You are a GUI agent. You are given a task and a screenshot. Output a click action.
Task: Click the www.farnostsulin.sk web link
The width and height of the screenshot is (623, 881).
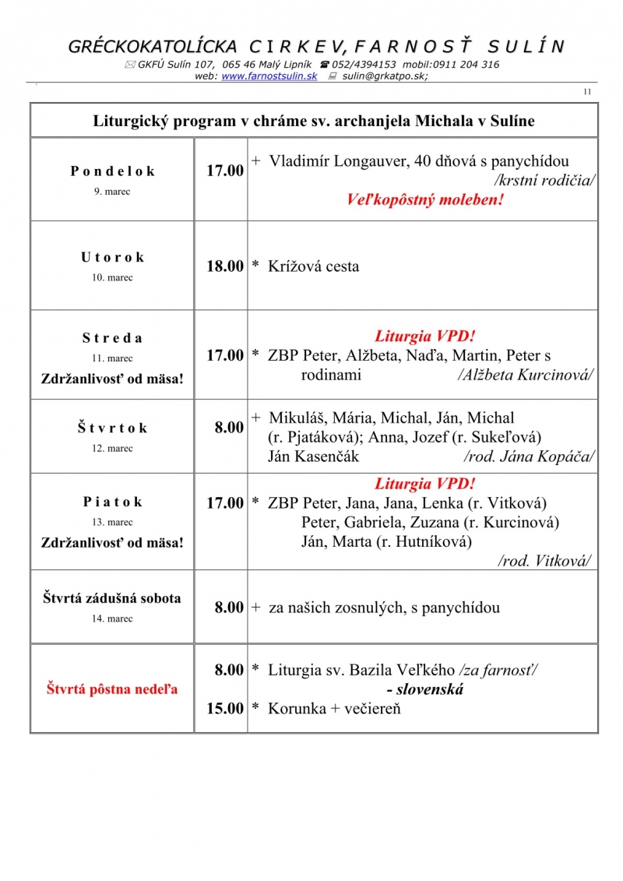[x=269, y=76]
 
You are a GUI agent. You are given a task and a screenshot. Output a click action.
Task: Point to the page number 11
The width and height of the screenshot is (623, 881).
[x=587, y=93]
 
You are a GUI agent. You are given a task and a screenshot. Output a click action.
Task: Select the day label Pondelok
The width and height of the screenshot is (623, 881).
[x=112, y=171]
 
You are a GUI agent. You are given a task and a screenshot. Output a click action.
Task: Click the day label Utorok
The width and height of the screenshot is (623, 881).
[x=112, y=257]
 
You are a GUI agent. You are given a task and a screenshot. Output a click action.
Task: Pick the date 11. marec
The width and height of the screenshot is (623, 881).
[x=112, y=359]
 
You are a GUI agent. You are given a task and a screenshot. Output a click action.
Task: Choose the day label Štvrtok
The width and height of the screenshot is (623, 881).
[x=112, y=428]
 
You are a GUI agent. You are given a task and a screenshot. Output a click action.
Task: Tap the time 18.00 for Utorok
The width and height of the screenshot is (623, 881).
[x=225, y=266]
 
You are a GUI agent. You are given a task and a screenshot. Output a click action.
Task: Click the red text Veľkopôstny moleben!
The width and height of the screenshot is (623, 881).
[x=424, y=200]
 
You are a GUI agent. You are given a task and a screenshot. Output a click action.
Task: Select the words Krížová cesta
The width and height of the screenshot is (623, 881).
[x=313, y=266]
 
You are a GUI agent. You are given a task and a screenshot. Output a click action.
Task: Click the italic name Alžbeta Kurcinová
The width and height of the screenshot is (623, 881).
[x=526, y=375]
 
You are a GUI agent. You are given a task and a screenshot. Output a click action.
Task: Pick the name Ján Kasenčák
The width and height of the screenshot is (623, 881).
[x=313, y=456]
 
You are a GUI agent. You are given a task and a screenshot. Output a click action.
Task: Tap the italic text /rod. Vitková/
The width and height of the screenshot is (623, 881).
[x=544, y=561]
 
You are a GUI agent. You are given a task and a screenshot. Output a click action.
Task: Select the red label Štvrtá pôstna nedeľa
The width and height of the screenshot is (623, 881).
[x=112, y=689]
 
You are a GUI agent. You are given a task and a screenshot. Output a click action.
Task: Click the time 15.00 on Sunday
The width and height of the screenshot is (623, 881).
[x=225, y=709]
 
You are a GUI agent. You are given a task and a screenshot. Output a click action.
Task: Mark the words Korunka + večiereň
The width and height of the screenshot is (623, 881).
[x=334, y=709]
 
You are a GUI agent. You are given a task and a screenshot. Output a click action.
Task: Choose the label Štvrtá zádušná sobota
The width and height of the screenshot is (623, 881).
[x=112, y=598]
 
